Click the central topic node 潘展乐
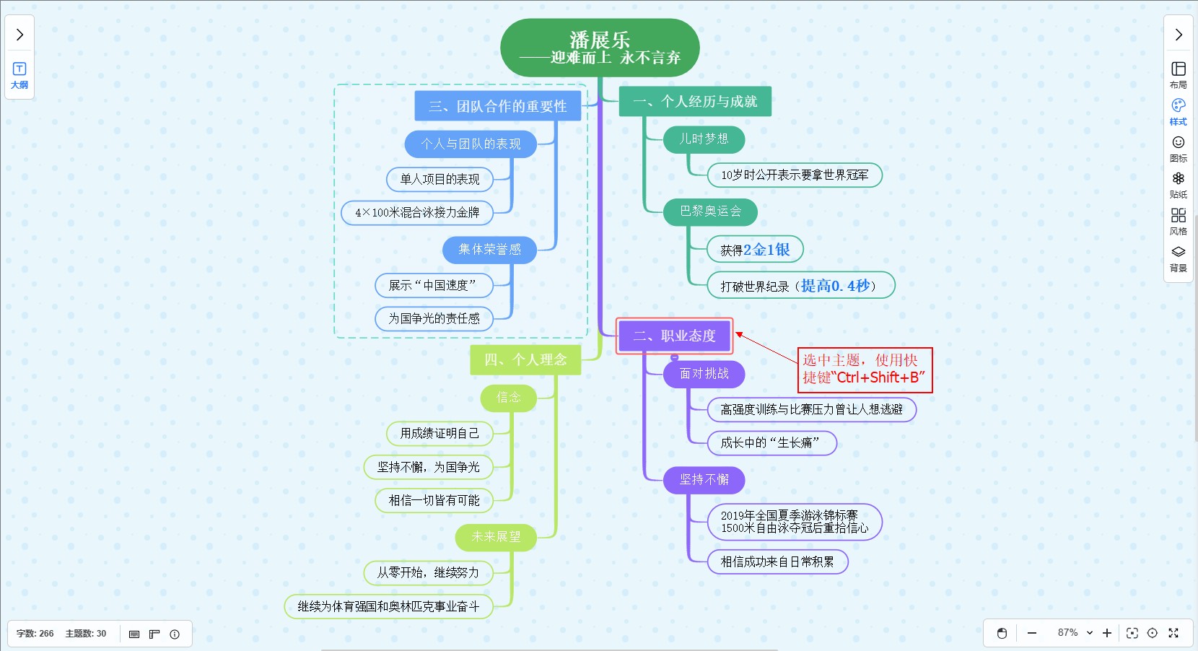599,48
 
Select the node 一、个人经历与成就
695,102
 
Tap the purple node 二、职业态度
674,336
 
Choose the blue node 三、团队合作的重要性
497,106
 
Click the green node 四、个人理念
525,359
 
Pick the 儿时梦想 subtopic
704,139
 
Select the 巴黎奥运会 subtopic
710,211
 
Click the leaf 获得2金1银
755,250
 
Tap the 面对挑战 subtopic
704,374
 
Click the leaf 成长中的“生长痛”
770,443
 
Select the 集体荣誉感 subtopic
489,250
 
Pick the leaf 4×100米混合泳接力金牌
417,213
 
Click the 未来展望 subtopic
496,537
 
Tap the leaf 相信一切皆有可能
434,501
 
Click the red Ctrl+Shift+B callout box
865,370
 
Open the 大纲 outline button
19,75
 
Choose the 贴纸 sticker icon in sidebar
1178,185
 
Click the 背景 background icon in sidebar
1178,258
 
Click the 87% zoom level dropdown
1075,633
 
